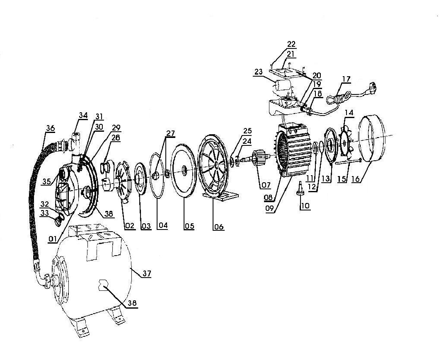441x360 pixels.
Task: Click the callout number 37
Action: (147, 273)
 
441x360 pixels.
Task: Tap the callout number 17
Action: (346, 79)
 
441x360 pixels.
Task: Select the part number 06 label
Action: (218, 227)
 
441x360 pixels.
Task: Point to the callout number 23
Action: (259, 72)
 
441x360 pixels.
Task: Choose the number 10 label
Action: (305, 206)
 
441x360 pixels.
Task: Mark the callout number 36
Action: (50, 128)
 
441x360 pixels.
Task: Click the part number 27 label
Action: (170, 133)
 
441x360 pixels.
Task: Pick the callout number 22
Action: (291, 44)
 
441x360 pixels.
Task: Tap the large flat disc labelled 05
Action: (184, 170)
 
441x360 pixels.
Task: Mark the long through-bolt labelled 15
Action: (348, 161)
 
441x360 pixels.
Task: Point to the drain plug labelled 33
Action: (59, 221)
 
